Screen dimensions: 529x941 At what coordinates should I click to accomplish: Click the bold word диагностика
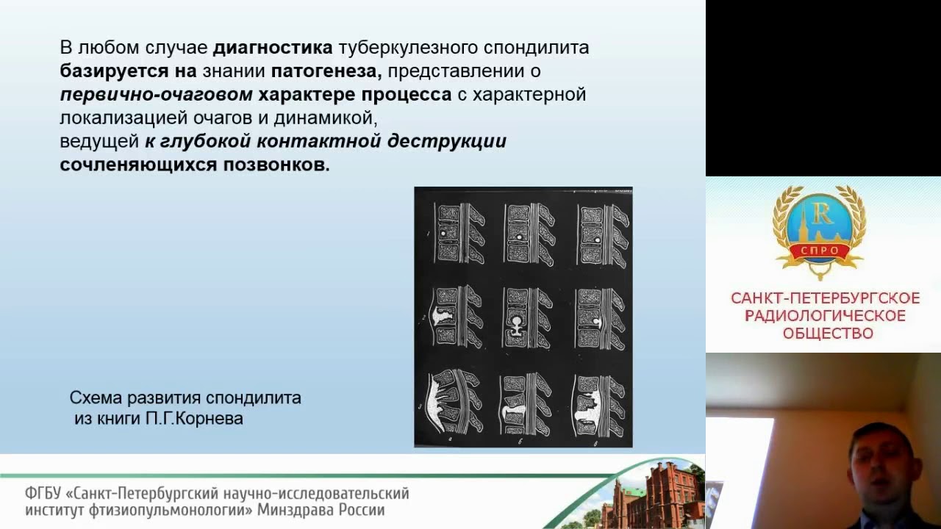pyautogui.click(x=273, y=48)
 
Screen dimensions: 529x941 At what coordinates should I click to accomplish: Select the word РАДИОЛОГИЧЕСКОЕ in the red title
pyautogui.click(x=825, y=316)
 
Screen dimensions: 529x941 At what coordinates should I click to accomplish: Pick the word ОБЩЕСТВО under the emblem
pyautogui.click(x=828, y=334)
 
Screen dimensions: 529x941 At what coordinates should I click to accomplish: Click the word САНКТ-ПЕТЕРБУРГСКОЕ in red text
pyautogui.click(x=825, y=298)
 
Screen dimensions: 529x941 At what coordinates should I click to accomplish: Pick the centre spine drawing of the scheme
pyautogui.click(x=523, y=317)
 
